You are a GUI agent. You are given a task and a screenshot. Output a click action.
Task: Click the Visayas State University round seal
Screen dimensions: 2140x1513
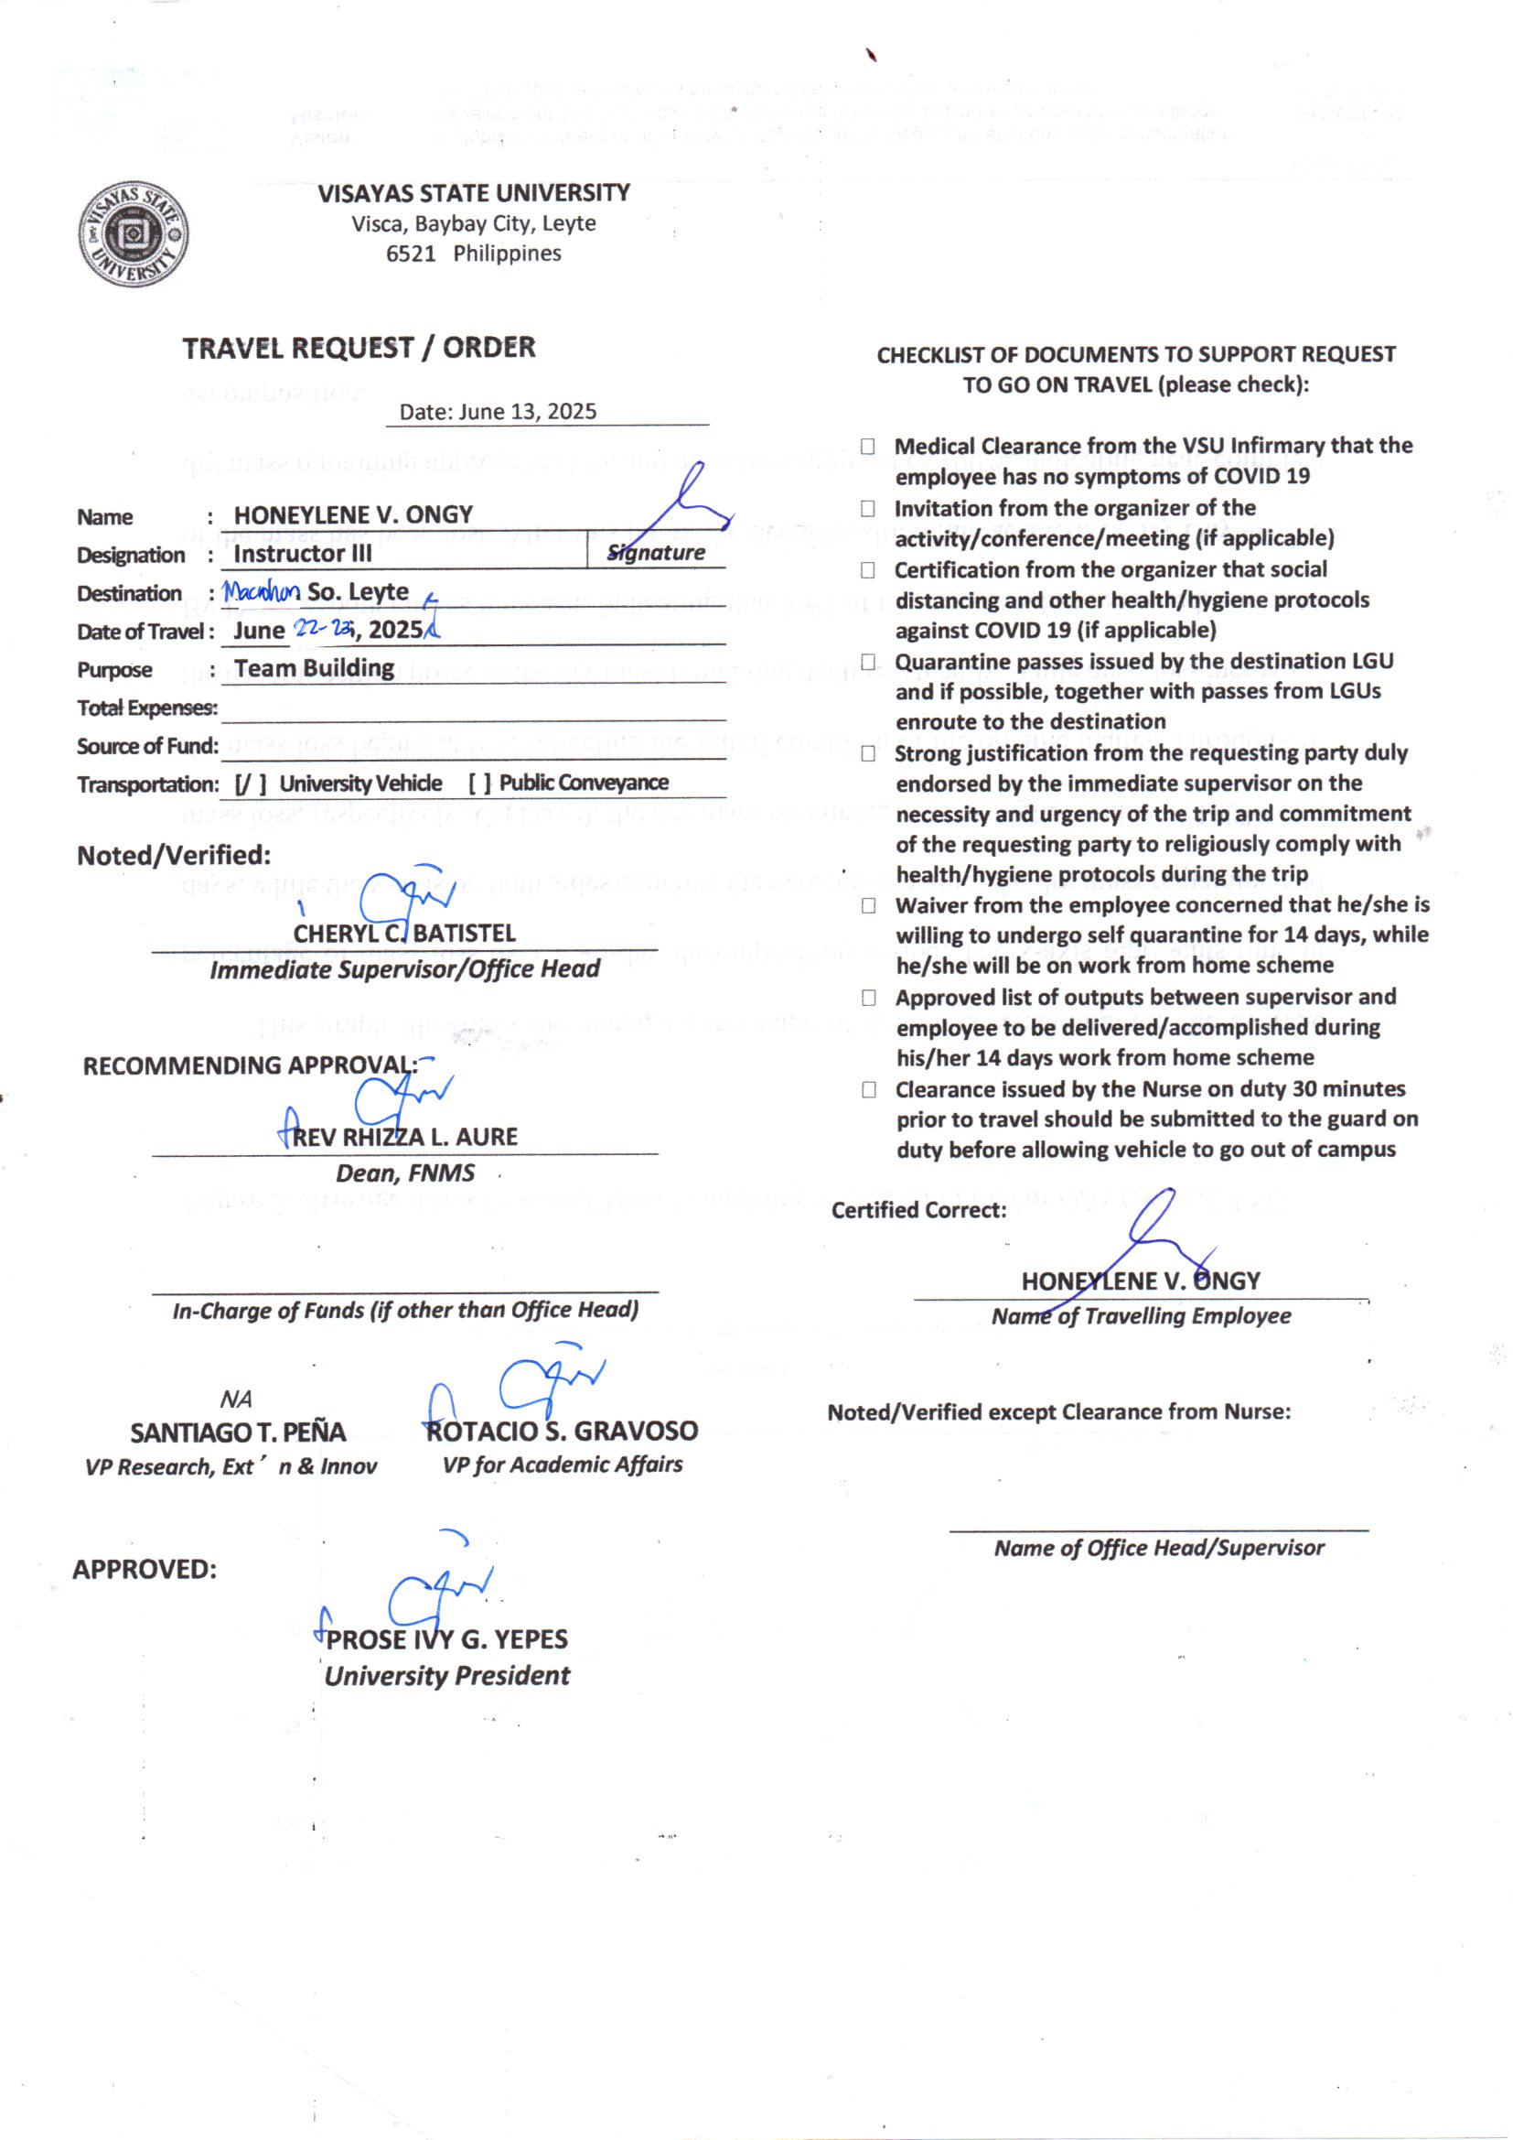click(134, 234)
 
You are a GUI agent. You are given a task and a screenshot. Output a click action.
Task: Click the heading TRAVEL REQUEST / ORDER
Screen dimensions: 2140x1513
click(359, 348)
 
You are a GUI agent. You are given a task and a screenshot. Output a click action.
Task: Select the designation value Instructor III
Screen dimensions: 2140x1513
click(302, 554)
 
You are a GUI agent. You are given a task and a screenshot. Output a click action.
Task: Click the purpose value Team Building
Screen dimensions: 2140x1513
click(314, 668)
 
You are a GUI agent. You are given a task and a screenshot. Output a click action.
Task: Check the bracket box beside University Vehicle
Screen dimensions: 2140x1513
click(250, 784)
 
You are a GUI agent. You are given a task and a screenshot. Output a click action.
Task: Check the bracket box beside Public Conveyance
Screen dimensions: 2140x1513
click(480, 783)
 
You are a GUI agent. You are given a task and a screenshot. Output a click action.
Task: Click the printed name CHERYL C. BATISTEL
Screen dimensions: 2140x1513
click(404, 933)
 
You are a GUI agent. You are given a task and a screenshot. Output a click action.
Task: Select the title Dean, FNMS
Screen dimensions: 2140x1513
click(405, 1173)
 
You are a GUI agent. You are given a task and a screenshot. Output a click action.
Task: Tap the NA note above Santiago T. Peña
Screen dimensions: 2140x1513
click(236, 1399)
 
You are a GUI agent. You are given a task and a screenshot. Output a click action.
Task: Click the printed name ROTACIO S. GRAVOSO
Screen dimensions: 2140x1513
click(562, 1431)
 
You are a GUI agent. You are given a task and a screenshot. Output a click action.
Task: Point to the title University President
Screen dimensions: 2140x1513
click(447, 1675)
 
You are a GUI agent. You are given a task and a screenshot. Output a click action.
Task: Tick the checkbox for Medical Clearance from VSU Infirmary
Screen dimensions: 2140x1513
click(867, 447)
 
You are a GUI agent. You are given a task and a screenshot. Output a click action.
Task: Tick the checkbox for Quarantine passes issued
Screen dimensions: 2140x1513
click(868, 662)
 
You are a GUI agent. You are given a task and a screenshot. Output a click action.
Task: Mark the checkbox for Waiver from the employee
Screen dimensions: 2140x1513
click(868, 906)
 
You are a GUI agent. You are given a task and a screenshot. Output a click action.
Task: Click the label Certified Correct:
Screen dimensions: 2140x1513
click(918, 1210)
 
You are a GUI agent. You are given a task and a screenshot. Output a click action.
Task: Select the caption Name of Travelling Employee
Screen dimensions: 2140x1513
click(1142, 1316)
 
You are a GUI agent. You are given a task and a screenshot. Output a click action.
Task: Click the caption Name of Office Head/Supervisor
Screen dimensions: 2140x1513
click(1159, 1548)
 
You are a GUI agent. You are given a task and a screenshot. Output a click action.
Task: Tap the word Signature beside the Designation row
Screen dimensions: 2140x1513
click(656, 553)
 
